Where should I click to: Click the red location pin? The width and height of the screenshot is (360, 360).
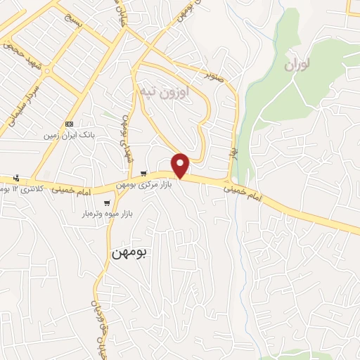[181, 165]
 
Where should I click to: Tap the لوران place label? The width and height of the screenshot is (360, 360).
[298, 65]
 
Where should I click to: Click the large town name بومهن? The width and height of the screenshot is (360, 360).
[129, 253]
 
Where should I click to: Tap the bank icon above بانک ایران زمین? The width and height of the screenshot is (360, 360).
[69, 124]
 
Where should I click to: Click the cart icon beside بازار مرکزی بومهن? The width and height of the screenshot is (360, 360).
[143, 174]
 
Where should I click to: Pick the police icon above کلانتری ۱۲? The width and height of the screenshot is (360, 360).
[16, 178]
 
